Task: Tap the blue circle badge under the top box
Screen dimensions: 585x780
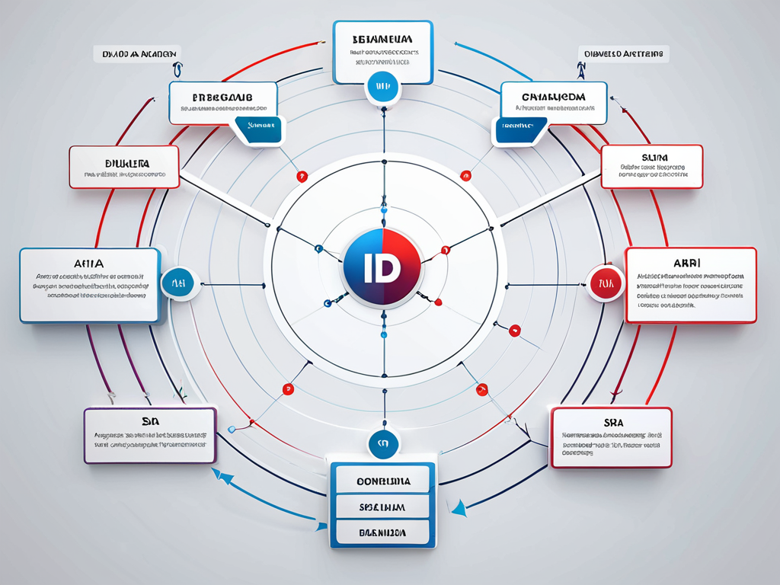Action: [382, 87]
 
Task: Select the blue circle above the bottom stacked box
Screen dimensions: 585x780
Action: [382, 443]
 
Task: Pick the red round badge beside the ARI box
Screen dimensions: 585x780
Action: [606, 283]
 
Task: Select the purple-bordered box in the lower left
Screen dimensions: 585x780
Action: [150, 435]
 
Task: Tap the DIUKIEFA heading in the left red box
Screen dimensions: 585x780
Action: [126, 163]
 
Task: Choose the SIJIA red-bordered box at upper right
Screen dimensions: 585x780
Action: [651, 167]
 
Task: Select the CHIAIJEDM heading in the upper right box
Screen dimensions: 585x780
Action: [554, 97]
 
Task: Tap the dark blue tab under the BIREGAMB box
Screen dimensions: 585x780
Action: [259, 129]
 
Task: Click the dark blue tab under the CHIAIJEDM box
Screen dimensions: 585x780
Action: [521, 130]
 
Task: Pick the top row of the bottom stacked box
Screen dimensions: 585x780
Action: [382, 481]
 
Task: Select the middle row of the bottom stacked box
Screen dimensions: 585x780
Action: [382, 507]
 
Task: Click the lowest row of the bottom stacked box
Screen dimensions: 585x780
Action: [382, 532]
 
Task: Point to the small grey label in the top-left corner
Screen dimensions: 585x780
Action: [136, 54]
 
